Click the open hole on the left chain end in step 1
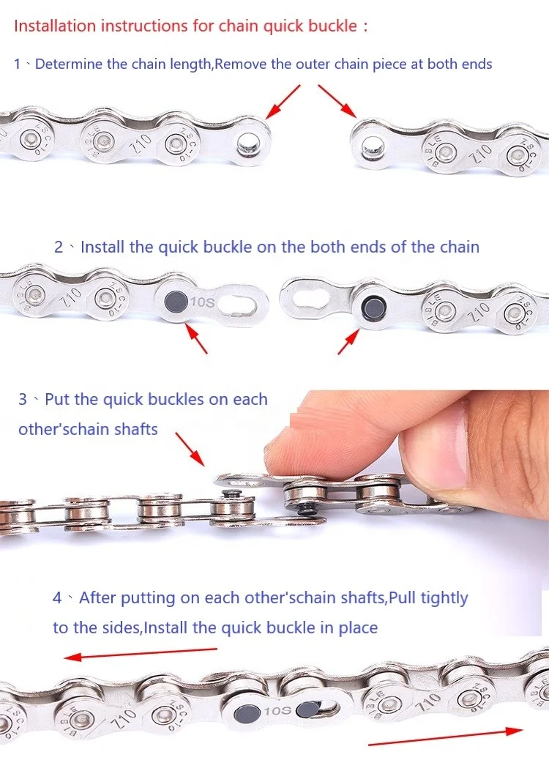pyautogui.click(x=248, y=143)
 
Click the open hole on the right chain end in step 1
pyautogui.click(x=372, y=146)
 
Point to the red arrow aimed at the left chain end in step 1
pyautogui.click(x=283, y=102)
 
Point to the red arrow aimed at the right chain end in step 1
pyautogui.click(x=337, y=101)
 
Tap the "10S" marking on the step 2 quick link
pyautogui.click(x=203, y=302)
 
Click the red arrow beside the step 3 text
pyautogui.click(x=190, y=449)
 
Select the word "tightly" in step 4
pyautogui.click(x=444, y=598)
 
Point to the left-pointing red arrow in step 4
pyautogui.click(x=140, y=653)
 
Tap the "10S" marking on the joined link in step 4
pyautogui.click(x=277, y=711)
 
